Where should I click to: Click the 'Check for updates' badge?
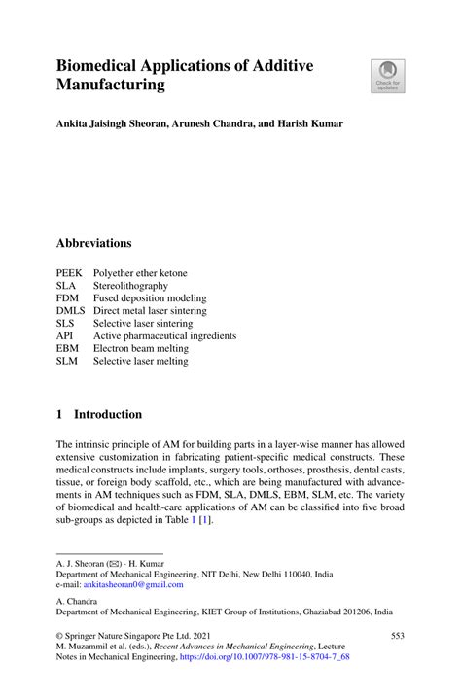coord(388,76)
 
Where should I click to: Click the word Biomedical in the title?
coord(107,65)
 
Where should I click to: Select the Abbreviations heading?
coord(93,243)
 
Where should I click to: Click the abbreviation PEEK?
coord(69,273)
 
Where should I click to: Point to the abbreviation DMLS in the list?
coord(71,310)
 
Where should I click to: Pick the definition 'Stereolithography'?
coord(130,286)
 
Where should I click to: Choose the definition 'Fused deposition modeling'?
coord(150,298)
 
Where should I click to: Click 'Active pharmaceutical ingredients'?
coord(164,335)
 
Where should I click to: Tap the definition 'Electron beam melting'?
coord(140,348)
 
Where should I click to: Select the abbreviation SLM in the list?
coord(67,361)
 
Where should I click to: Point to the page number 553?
coord(397,634)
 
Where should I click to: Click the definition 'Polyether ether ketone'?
coord(140,273)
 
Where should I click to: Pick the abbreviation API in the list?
coord(65,335)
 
